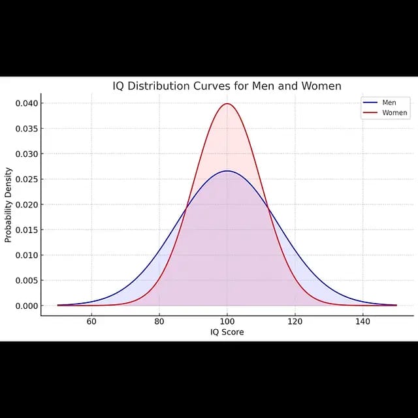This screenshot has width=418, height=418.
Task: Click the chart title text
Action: pos(227,86)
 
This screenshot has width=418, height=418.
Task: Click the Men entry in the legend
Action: pos(389,103)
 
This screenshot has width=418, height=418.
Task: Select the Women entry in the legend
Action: pos(394,113)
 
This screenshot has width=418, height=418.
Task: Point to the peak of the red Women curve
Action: pos(227,104)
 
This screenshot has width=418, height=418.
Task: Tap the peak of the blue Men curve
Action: pos(227,171)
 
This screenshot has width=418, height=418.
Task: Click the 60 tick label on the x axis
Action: pos(91,321)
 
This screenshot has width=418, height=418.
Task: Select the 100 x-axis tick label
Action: pos(227,321)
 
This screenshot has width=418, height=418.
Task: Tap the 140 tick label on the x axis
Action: pos(362,321)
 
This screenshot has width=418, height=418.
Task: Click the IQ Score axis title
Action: pos(226,332)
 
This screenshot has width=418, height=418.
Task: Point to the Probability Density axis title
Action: pos(8,204)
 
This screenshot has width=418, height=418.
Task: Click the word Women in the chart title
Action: pos(319,86)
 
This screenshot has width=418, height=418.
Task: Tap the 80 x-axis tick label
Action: pos(159,321)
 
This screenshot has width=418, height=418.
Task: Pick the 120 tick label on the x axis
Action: pos(295,321)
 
